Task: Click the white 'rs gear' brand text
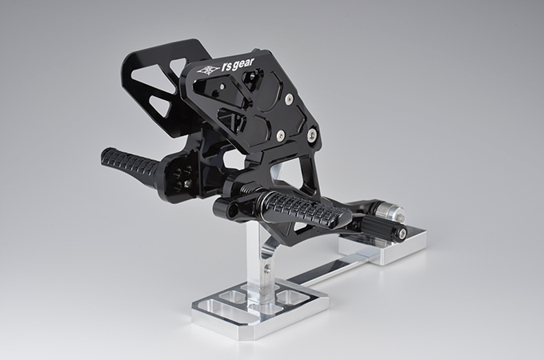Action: point(238,66)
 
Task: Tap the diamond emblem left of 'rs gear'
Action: point(207,70)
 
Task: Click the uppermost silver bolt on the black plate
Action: point(289,99)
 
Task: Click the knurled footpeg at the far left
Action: point(130,164)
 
